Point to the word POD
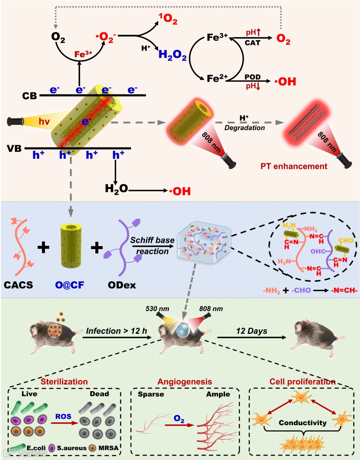click(253, 75)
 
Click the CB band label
click(29, 96)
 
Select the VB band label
click(15, 148)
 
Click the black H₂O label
click(117, 190)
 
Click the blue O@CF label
click(70, 285)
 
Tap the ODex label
click(122, 285)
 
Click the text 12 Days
click(252, 331)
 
